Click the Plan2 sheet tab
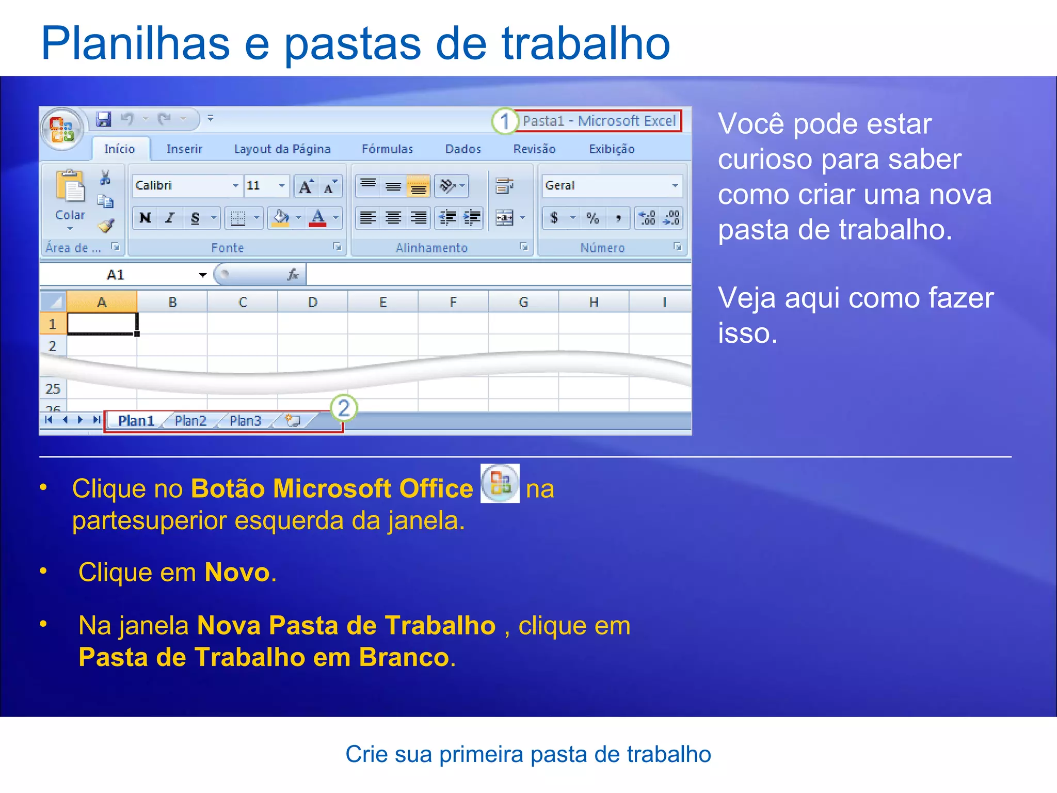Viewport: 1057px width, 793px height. pos(190,421)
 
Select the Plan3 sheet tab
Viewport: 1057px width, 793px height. pos(246,421)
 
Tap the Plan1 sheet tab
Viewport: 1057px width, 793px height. pos(136,421)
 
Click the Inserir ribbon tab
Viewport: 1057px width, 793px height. pos(184,149)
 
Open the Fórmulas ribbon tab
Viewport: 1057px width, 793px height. pos(387,149)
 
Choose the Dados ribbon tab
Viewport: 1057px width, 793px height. pos(463,149)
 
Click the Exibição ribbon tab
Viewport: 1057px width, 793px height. pos(612,149)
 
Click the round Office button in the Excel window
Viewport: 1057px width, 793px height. pos(62,129)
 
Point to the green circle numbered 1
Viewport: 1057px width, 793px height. pos(504,121)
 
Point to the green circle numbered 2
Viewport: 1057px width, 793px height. pos(344,408)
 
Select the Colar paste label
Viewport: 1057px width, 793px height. pos(70,215)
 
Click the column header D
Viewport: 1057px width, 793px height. pos(313,302)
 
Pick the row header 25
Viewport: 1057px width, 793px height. pos(53,389)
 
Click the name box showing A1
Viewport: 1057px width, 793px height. pos(124,275)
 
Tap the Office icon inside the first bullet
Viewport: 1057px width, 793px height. pos(500,484)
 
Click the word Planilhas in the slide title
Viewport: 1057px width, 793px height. pos(135,43)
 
